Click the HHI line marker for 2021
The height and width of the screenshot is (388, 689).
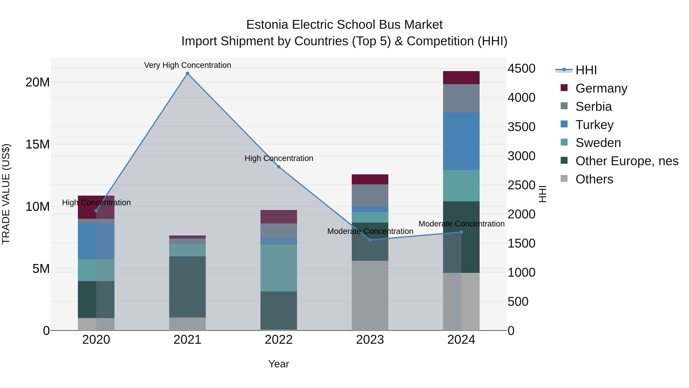pyautogui.click(x=188, y=73)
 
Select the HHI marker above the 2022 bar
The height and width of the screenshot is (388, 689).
pyautogui.click(x=279, y=167)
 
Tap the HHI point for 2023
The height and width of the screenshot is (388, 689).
pyautogui.click(x=370, y=240)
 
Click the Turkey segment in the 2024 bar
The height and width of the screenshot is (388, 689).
pyautogui.click(x=461, y=141)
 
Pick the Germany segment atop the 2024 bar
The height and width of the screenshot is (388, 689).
pyautogui.click(x=461, y=78)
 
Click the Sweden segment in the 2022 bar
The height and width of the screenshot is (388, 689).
pyautogui.click(x=279, y=268)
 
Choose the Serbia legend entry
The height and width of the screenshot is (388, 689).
pyautogui.click(x=593, y=107)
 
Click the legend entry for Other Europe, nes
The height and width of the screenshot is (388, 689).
pyautogui.click(x=626, y=161)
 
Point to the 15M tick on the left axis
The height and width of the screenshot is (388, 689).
pyautogui.click(x=38, y=144)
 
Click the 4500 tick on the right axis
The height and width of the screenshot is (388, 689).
pyautogui.click(x=521, y=69)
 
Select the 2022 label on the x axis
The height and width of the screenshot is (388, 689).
pyautogui.click(x=279, y=340)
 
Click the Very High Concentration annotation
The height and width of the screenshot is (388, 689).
pyautogui.click(x=188, y=65)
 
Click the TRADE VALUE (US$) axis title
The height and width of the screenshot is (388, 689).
pyautogui.click(x=6, y=194)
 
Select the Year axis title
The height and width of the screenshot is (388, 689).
pyautogui.click(x=279, y=364)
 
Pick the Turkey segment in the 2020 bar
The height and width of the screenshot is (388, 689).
pyautogui.click(x=96, y=241)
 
